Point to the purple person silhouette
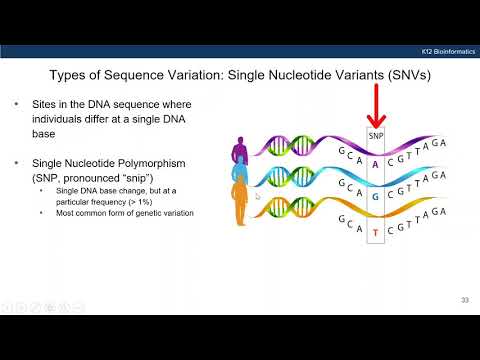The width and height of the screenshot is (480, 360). click(239, 156)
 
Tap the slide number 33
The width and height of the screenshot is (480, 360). click(464, 299)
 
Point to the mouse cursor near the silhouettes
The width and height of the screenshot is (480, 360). click(257, 197)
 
